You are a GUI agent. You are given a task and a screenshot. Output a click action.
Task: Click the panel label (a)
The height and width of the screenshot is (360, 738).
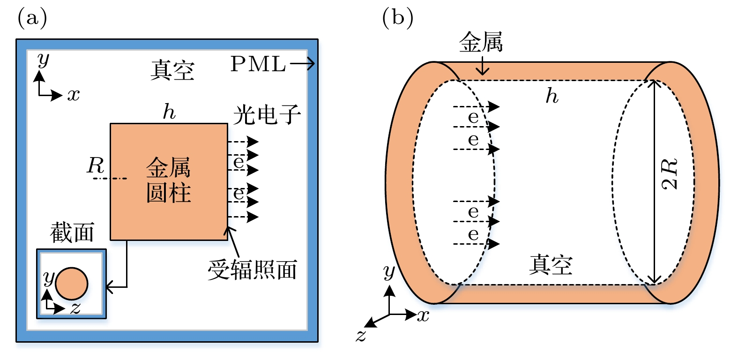pos(32,18)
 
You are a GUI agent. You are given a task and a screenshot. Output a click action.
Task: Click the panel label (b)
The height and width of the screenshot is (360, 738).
pos(398,18)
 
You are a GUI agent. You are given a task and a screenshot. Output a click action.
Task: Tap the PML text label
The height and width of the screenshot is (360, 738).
pos(258,64)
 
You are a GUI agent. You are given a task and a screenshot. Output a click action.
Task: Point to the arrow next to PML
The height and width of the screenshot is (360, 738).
pos(303,64)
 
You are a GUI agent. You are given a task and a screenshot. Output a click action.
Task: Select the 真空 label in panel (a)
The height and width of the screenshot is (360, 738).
pos(172,71)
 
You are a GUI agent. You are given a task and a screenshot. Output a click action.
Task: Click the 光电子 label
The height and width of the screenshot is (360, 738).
pos(267,115)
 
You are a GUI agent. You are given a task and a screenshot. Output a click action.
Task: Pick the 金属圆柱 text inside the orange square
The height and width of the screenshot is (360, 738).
pos(169,180)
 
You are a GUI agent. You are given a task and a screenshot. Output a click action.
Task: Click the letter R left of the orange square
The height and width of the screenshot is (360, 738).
pos(96,165)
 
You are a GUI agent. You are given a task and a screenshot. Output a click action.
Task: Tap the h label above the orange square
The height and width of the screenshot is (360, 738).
pos(169,112)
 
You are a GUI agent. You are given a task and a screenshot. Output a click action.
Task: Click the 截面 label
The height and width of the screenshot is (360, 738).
pos(72,232)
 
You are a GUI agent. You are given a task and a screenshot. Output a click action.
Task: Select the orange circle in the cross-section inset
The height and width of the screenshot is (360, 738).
pos(72,284)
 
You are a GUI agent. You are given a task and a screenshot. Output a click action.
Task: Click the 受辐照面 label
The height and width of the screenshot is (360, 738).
pos(253,270)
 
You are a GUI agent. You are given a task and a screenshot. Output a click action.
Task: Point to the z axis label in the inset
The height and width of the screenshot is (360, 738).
pos(75,308)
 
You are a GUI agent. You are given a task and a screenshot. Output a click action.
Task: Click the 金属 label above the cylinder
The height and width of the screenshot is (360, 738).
pos(481,43)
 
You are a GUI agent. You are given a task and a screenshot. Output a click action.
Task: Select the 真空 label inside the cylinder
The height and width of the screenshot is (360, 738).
pos(551,265)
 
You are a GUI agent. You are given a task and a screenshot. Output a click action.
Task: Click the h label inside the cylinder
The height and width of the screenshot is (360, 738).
pos(552,96)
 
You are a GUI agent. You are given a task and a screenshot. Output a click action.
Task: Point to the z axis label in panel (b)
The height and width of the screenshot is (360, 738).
pos(361,336)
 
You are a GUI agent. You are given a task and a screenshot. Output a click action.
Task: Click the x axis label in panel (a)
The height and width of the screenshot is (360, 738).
pos(74,95)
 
